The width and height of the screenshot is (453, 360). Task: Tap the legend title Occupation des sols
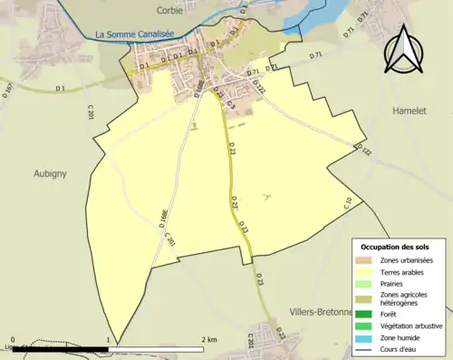click(x=395, y=247)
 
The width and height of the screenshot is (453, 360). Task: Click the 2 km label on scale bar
click(x=211, y=340)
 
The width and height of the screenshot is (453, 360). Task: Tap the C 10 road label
click(x=348, y=204)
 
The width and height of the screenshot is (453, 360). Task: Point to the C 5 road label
click(x=231, y=105)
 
